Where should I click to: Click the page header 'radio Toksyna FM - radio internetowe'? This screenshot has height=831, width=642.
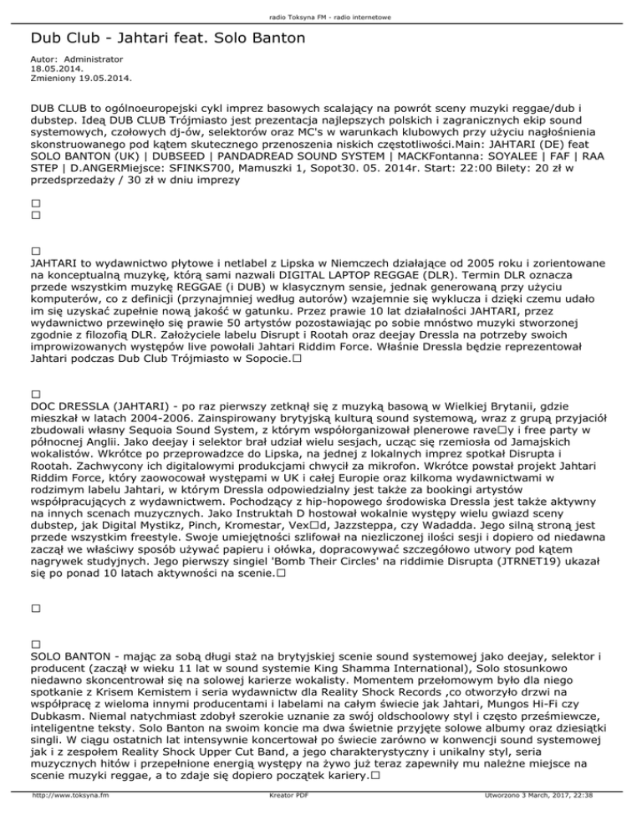pos(321,17)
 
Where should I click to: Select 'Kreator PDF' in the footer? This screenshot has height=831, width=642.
pos(281,820)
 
